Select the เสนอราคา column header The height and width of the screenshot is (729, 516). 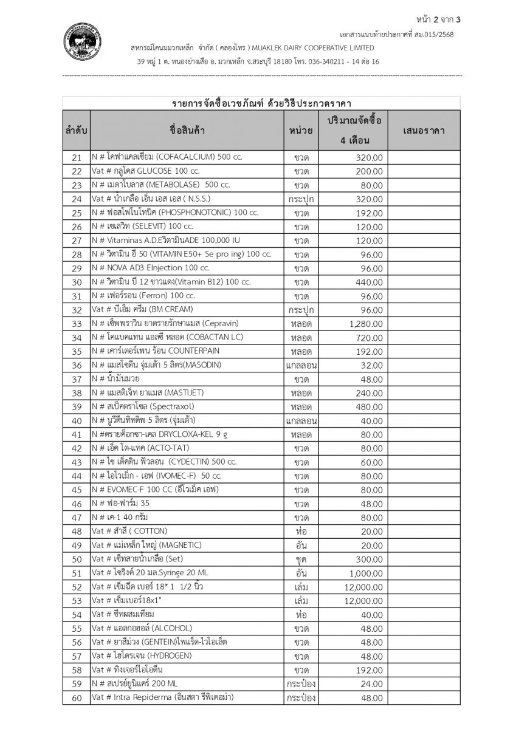click(424, 131)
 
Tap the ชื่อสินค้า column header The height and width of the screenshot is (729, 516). click(187, 131)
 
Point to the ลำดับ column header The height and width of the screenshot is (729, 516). click(76, 131)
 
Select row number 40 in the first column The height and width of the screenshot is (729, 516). click(77, 420)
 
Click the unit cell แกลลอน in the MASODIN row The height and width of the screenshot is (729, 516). click(301, 365)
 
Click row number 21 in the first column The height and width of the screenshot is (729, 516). click(77, 157)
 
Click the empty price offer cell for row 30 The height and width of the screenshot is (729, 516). click(424, 282)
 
